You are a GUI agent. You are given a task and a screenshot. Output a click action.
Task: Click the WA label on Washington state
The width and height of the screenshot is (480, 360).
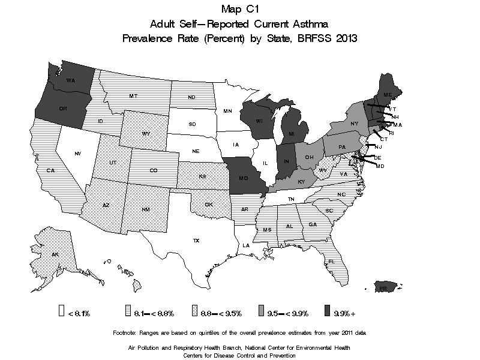tap(70, 80)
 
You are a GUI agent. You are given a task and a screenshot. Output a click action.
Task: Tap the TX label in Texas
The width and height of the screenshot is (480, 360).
tap(196, 241)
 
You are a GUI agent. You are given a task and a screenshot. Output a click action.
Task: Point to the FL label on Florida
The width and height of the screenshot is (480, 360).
tap(331, 262)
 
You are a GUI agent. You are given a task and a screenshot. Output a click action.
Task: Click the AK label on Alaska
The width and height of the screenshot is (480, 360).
tap(55, 254)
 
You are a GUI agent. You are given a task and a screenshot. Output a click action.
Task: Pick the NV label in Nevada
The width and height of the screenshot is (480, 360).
tap(78, 154)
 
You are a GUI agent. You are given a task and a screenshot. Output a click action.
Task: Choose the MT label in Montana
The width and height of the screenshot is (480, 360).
tap(134, 96)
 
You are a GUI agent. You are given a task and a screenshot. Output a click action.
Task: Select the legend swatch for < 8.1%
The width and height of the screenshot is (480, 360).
tap(62, 311)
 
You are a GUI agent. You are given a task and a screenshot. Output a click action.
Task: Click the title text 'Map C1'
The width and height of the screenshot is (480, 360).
tap(240, 9)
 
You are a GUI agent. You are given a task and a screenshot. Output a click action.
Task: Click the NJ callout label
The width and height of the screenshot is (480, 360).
tap(378, 147)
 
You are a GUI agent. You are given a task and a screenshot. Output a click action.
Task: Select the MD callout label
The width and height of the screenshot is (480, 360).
tap(380, 166)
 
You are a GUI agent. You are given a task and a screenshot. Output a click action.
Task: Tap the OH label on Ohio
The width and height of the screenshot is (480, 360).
tap(310, 157)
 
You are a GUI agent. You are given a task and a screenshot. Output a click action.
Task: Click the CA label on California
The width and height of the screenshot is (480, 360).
tap(50, 171)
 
